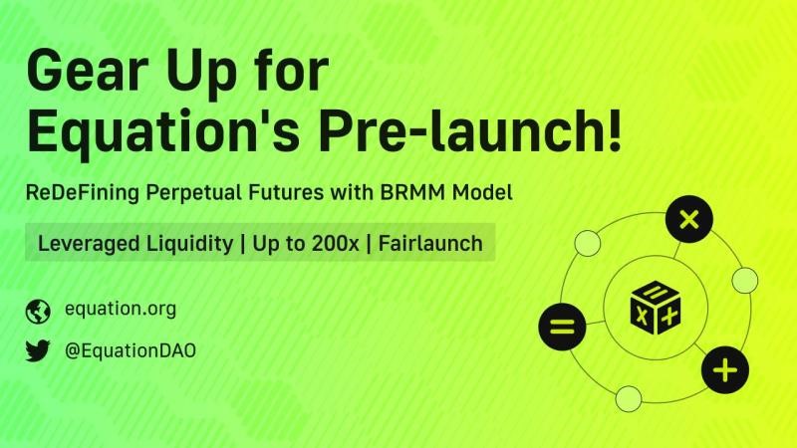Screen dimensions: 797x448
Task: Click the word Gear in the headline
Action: (x=87, y=70)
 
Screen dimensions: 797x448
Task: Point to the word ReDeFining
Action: (x=83, y=192)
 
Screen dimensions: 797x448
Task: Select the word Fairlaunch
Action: (x=430, y=243)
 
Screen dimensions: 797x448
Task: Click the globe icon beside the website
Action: (x=38, y=312)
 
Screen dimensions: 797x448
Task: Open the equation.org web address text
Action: (x=121, y=309)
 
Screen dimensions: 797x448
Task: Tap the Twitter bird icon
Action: (x=38, y=350)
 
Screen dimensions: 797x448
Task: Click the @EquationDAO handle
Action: (x=131, y=351)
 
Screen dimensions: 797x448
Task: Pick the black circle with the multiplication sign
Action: (x=689, y=219)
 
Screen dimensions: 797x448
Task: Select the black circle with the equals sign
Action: (x=562, y=327)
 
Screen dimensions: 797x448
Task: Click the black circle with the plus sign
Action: (x=725, y=369)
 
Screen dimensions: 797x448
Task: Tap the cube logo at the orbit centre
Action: (x=656, y=308)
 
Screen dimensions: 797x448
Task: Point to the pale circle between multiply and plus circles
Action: (x=745, y=281)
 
